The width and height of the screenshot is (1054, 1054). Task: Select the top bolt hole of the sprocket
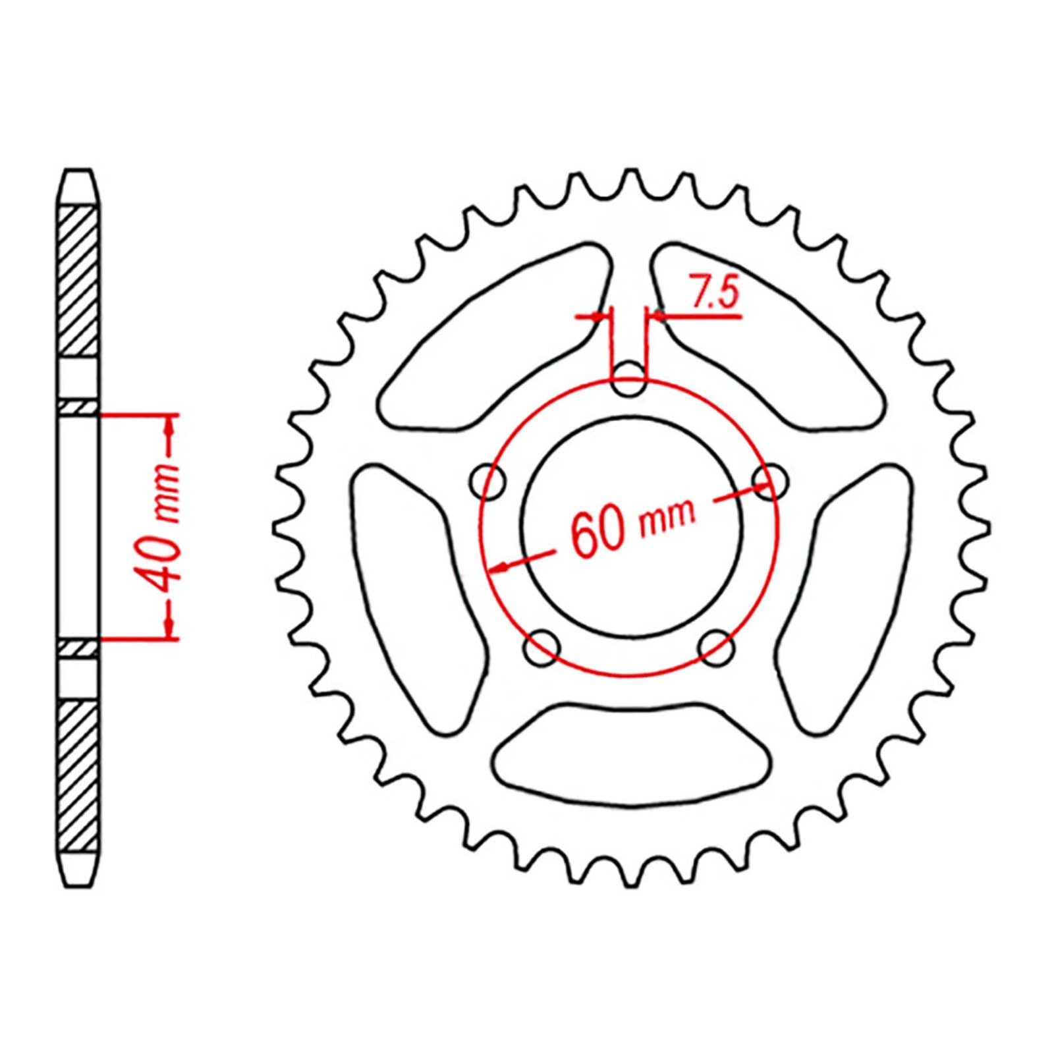pyautogui.click(x=628, y=379)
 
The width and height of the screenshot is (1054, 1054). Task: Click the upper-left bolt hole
pyautogui.click(x=489, y=482)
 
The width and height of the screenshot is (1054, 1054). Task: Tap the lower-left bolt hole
pyautogui.click(x=542, y=647)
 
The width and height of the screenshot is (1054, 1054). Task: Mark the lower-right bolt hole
pyautogui.click(x=716, y=648)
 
